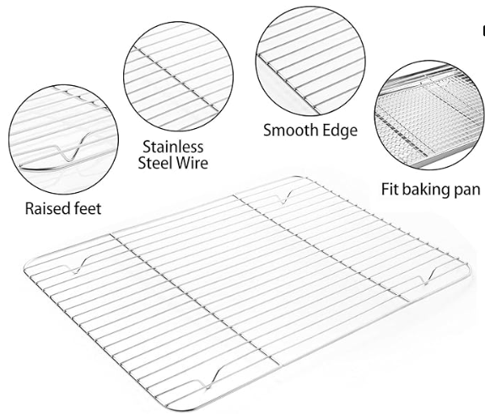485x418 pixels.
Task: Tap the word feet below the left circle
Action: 88,208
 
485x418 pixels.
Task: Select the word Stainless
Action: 173,147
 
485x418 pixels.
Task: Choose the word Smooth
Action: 290,130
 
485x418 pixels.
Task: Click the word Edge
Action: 339,131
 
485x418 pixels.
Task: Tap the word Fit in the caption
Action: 389,189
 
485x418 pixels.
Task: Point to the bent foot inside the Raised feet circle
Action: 71,147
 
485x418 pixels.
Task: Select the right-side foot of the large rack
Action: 428,276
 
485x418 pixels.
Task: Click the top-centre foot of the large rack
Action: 285,197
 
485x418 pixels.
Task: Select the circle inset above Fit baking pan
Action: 428,115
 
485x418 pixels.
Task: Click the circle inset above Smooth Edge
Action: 310,62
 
